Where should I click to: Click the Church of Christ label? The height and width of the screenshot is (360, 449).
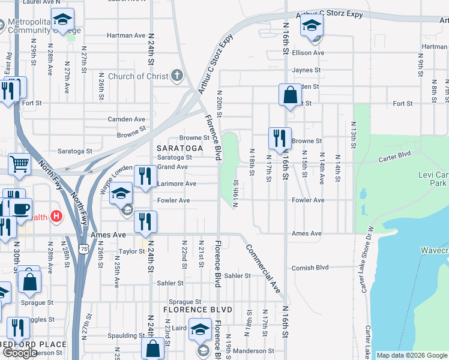click(137, 76)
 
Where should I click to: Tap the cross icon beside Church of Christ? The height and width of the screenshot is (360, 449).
click(176, 76)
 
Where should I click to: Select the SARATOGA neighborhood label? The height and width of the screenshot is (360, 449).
click(178, 148)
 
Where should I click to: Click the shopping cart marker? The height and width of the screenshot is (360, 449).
click(20, 164)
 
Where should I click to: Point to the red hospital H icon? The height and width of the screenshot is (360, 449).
click(56, 216)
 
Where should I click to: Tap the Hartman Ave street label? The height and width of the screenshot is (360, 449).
click(127, 35)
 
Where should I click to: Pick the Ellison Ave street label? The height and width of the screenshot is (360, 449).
click(308, 53)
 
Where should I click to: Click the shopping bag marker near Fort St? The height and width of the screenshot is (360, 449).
click(290, 95)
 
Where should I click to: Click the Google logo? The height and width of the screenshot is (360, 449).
click(20, 353)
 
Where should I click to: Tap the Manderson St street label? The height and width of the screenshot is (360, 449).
click(254, 351)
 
